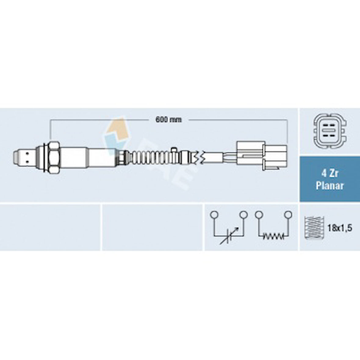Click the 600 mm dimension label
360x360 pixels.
(x=169, y=119)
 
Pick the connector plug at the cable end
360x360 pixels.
(x=262, y=156)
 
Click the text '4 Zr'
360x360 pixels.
(x=330, y=173)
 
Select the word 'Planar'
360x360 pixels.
(x=330, y=185)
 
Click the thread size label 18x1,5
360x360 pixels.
(x=340, y=228)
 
